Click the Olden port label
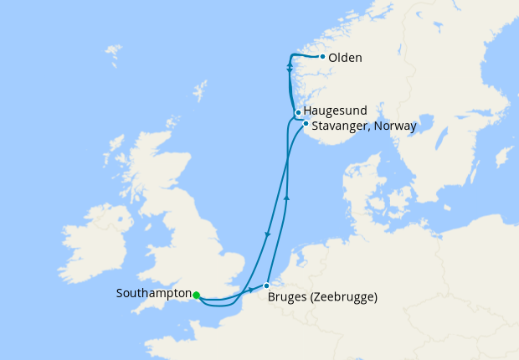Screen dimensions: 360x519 (346, 58)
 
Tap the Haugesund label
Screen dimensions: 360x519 (332, 111)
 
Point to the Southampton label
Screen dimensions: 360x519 (153, 294)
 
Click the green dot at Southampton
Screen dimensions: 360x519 (196, 295)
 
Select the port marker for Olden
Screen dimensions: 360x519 (322, 57)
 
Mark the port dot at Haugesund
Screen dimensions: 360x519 (298, 112)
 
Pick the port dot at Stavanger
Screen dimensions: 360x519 (306, 125)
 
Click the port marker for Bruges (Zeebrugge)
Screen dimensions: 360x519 (266, 285)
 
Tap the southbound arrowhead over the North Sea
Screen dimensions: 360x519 (267, 235)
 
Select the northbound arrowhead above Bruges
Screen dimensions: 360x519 (287, 198)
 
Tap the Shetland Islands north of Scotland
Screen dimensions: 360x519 (200, 90)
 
